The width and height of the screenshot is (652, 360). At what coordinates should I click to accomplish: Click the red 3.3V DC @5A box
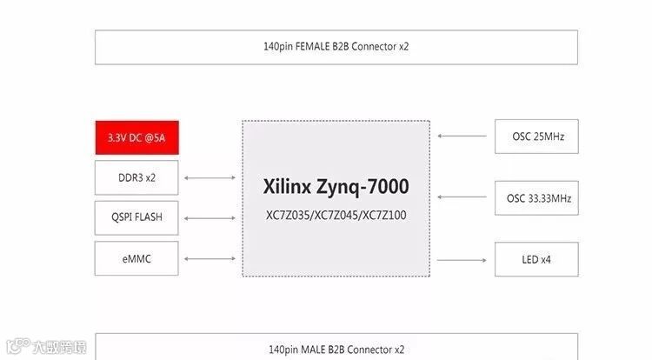(137, 137)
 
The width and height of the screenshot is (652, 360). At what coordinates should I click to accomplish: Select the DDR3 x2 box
(137, 178)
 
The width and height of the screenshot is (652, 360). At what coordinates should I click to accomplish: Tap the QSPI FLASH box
(137, 217)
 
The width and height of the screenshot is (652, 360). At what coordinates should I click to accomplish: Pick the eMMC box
(137, 258)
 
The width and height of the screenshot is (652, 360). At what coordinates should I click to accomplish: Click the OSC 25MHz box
(536, 137)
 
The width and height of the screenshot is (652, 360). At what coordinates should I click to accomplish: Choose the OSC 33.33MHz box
(536, 198)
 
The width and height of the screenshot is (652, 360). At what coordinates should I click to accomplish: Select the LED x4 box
(536, 259)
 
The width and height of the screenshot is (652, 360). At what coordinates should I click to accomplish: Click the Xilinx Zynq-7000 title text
(336, 187)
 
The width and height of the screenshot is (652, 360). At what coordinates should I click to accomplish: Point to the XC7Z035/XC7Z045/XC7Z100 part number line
(336, 214)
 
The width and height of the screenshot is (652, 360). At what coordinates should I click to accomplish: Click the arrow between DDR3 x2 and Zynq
(210, 178)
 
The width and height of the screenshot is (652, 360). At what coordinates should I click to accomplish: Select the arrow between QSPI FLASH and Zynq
(210, 218)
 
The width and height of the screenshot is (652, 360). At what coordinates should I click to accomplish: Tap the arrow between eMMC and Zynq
(210, 258)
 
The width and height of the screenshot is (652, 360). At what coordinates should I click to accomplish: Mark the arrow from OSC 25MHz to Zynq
(462, 137)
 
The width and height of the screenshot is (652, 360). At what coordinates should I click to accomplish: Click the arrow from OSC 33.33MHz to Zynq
(462, 198)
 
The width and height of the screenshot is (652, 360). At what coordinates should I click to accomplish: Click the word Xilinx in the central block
(287, 187)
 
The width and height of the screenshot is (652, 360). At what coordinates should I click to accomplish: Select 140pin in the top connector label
(279, 47)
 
